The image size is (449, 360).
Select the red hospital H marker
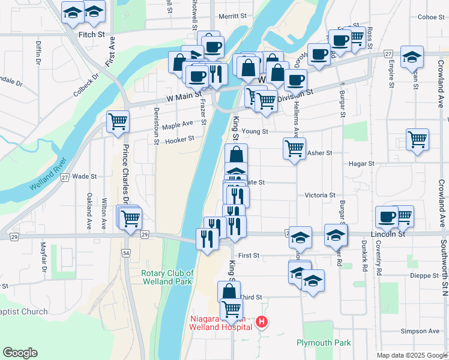tap(261, 322)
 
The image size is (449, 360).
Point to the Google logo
tap(20, 353)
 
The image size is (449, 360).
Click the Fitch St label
tap(92, 35)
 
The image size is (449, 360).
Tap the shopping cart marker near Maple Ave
tap(118, 121)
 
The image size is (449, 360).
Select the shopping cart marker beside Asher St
tap(294, 148)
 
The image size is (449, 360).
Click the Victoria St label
tap(320, 195)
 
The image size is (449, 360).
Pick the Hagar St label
tap(362, 163)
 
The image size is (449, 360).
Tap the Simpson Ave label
tap(420, 331)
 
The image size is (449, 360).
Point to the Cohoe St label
tap(430, 17)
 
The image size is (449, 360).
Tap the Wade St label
tap(84, 176)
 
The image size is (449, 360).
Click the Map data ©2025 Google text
tap(411, 355)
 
